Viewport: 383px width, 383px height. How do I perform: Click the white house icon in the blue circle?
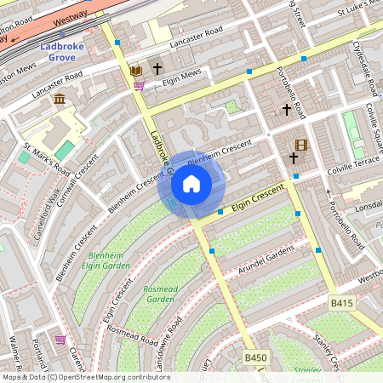pos(191,183)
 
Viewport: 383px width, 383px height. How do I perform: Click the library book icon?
pos(136,70)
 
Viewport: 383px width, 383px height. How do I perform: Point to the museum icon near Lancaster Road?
pos(60,100)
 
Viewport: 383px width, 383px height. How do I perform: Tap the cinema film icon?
pos(300,146)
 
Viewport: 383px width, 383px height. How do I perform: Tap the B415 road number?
pos(341,302)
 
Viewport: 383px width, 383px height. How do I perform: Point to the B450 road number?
pos(255,358)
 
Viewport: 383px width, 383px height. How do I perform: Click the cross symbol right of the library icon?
pos(157,67)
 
